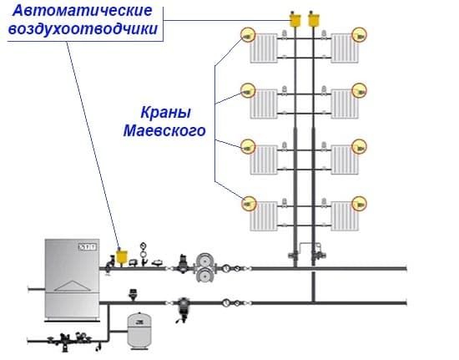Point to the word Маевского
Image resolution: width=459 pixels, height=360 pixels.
pyautogui.click(x=164, y=131)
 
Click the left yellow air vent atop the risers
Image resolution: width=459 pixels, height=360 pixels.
pyautogui.click(x=295, y=18)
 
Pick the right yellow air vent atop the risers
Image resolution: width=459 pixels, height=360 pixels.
pyautogui.click(x=315, y=18)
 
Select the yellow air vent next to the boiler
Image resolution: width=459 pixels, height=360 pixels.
pyautogui.click(x=121, y=256)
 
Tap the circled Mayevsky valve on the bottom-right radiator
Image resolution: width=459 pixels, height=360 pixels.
pyautogui.click(x=360, y=201)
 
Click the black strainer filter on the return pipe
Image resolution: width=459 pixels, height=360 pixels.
pyautogui.click(x=183, y=312)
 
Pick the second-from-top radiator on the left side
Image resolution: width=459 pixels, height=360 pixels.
pyautogui.click(x=265, y=100)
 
